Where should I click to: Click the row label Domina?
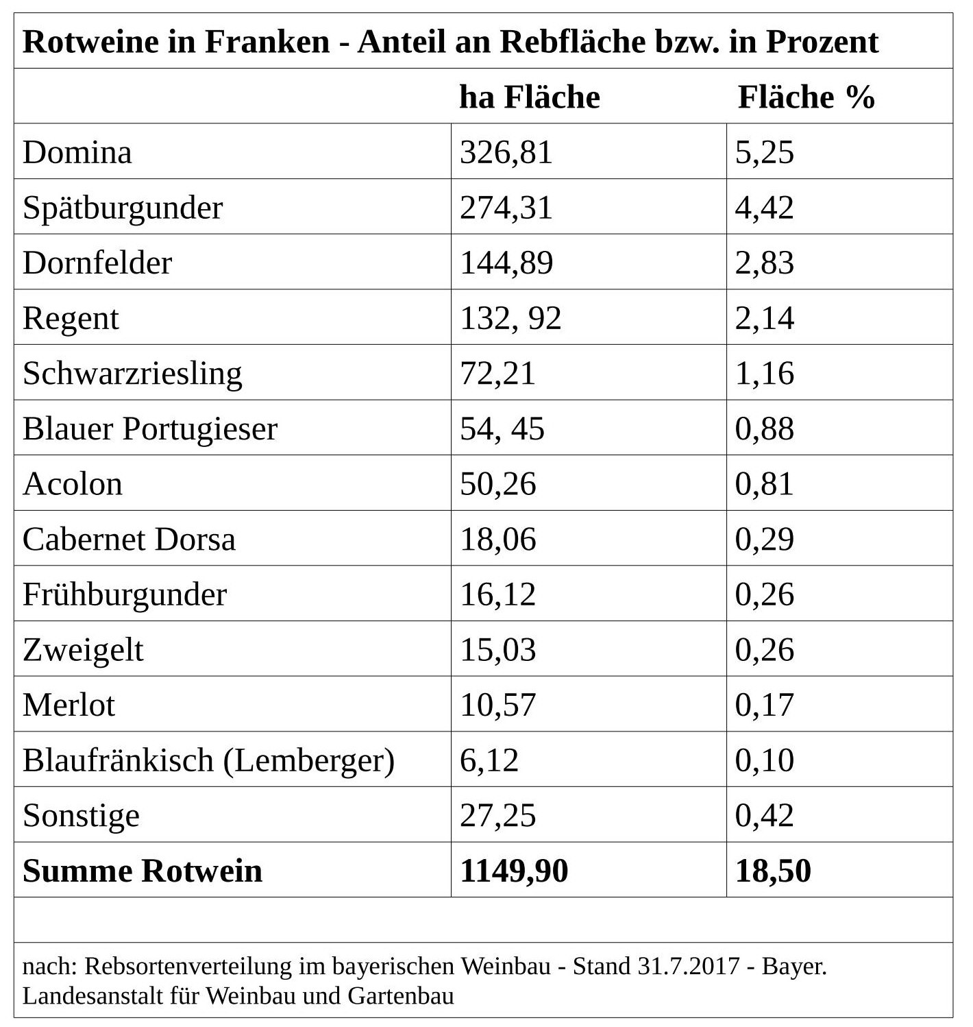[x=77, y=152]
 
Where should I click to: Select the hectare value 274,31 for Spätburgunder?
[x=506, y=208]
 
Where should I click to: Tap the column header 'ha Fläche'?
[x=530, y=97]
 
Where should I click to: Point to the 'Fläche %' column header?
[x=806, y=97]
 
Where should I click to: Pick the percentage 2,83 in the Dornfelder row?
[x=765, y=263]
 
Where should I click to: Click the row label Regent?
[x=71, y=319]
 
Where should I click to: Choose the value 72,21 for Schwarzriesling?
[x=497, y=374]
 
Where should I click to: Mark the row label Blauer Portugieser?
[x=151, y=429]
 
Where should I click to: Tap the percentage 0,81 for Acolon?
[x=765, y=484]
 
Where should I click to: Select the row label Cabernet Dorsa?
[x=129, y=539]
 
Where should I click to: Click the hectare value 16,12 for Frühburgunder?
[x=497, y=594]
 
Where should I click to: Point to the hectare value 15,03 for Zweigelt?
[x=497, y=650]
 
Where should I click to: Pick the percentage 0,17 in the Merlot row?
[x=765, y=705]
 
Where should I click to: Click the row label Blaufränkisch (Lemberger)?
[x=209, y=760]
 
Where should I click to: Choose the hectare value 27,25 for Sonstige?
[x=497, y=815]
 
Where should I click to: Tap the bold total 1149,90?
[x=514, y=871]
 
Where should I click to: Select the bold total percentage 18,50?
[x=773, y=871]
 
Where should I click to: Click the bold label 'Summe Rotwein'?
[x=143, y=871]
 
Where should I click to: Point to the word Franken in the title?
[x=267, y=41]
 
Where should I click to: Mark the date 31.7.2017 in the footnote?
[x=689, y=967]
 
